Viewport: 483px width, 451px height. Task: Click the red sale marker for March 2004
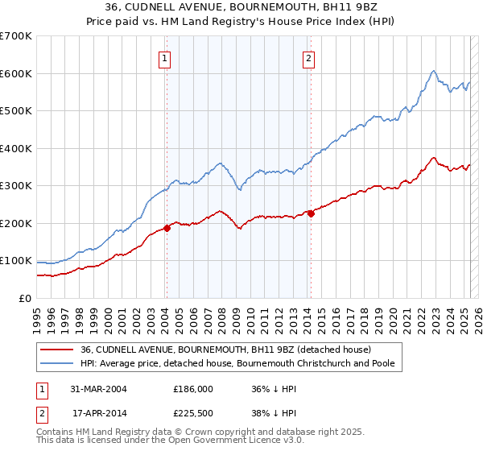tap(167, 228)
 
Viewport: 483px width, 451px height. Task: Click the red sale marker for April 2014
tap(310, 213)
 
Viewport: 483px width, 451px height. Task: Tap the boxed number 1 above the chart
tap(164, 57)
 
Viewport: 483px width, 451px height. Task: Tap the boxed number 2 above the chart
tap(309, 57)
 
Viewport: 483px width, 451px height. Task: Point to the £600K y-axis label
tap(16, 73)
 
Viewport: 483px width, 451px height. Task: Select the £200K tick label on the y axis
tap(16, 223)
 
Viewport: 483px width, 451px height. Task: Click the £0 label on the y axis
tap(26, 298)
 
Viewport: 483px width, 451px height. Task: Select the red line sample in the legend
tap(57, 350)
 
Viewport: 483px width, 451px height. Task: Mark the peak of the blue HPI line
tap(433, 71)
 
